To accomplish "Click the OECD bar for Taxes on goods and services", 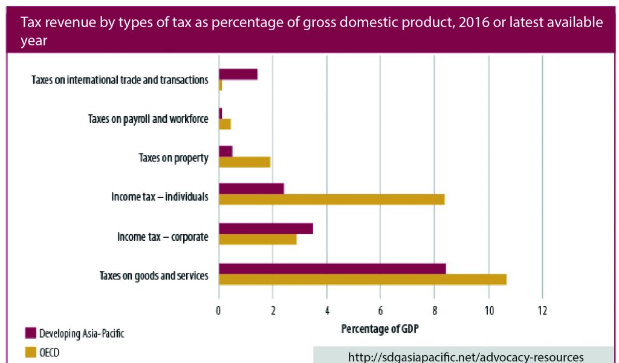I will point(363,280).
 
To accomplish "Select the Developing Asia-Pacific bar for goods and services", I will point(332,269).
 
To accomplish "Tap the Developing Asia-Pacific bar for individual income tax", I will point(251,188).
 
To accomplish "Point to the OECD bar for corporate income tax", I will point(258,239).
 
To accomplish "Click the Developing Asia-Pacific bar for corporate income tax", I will point(265,228).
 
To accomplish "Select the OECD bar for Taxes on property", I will point(244,162).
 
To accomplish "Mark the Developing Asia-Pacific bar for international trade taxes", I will point(238,74).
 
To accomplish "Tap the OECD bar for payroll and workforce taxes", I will point(225,124).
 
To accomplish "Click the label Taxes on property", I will point(173,158).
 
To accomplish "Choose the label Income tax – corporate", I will point(163,237).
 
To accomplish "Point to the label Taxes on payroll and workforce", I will point(148,119).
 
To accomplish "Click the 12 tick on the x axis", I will point(542,312).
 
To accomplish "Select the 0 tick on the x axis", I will point(219,312).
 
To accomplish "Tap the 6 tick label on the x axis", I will point(380,312).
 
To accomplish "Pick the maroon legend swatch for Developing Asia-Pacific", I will point(30,333).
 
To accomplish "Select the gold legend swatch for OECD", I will point(30,352).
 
